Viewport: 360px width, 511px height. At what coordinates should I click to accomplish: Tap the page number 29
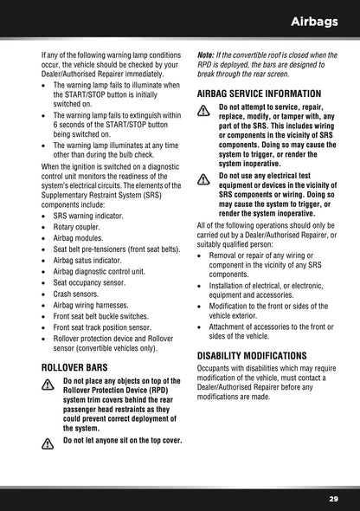pos(334,499)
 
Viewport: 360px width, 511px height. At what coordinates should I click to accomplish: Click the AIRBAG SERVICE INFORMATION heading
pos(260,93)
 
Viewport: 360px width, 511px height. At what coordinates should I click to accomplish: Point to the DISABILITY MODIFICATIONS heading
pos(252,355)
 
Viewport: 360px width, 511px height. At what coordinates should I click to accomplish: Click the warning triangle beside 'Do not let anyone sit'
pos(48,442)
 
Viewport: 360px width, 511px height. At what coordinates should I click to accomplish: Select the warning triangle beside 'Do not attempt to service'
pos(204,110)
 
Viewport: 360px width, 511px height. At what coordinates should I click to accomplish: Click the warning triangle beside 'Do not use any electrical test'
pos(204,178)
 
